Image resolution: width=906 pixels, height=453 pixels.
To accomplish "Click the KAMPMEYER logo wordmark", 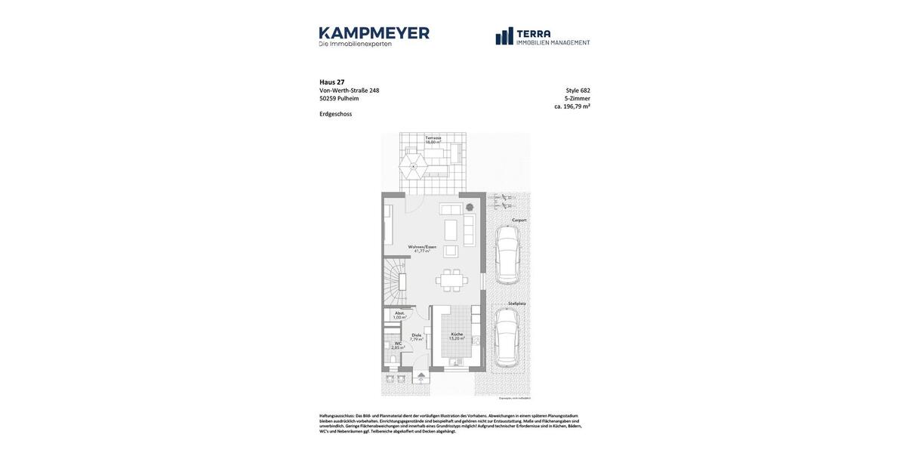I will click(374, 33).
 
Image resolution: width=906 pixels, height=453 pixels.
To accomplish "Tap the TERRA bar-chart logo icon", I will click(504, 36).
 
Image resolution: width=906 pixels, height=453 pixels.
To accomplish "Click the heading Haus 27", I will click(331, 82).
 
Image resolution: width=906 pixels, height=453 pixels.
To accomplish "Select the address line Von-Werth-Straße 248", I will click(349, 91).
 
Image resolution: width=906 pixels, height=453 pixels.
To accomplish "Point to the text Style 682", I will click(578, 91).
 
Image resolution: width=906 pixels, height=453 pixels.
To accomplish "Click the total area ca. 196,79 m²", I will click(572, 106).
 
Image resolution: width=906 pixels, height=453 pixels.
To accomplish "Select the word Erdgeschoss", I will click(335, 114).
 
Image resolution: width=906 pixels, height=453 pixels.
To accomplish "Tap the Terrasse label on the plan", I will click(433, 138).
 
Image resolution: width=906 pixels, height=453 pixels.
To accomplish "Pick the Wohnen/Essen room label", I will click(422, 247).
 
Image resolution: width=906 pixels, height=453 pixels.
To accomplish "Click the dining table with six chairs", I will click(451, 281).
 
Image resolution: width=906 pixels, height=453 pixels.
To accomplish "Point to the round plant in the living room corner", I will click(469, 207).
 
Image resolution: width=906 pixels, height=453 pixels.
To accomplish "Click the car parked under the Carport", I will click(507, 254).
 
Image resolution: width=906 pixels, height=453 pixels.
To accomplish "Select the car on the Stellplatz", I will click(507, 337).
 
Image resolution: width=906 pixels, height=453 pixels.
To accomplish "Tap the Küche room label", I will click(457, 334).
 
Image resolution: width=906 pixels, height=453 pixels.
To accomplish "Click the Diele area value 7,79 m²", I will click(416, 340).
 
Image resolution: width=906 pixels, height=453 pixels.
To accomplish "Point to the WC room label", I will click(398, 344).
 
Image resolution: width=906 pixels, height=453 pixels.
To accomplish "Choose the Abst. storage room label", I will click(399, 313).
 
